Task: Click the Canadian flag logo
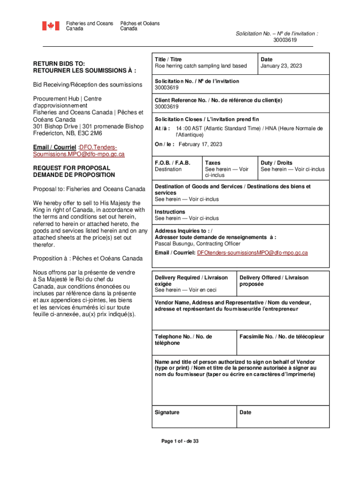51,26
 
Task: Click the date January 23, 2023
281,66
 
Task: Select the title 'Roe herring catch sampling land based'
201,66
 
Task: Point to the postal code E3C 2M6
95,133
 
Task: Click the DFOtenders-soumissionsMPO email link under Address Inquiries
252,253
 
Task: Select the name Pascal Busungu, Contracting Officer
197,244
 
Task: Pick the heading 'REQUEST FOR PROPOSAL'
72,168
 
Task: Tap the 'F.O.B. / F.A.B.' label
173,163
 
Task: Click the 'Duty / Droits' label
276,163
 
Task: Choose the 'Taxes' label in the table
213,163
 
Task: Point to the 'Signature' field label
167,412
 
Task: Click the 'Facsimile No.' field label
282,337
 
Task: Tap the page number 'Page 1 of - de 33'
180,441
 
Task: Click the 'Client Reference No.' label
218,100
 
